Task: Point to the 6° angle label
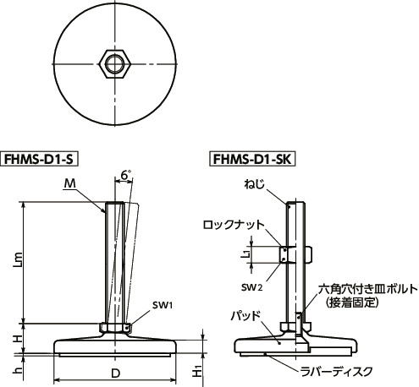point(126,175)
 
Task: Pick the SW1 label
point(163,305)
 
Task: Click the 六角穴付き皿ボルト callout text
point(367,288)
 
